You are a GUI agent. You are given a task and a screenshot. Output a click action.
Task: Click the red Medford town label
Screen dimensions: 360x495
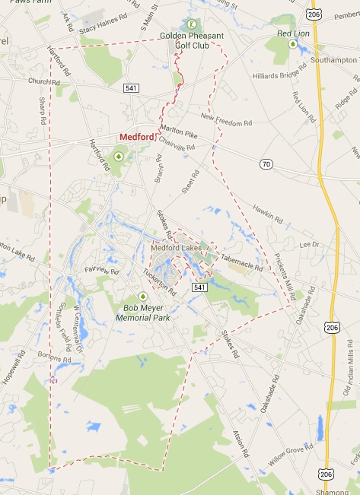click(x=136, y=138)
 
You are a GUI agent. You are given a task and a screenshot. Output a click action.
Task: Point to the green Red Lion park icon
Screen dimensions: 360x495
click(x=293, y=44)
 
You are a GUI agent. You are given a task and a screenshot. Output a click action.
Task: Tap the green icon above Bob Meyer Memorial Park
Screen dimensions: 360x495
click(x=142, y=297)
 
